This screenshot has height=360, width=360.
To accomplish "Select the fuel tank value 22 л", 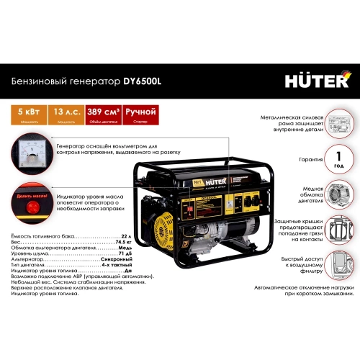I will coord(129,236).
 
